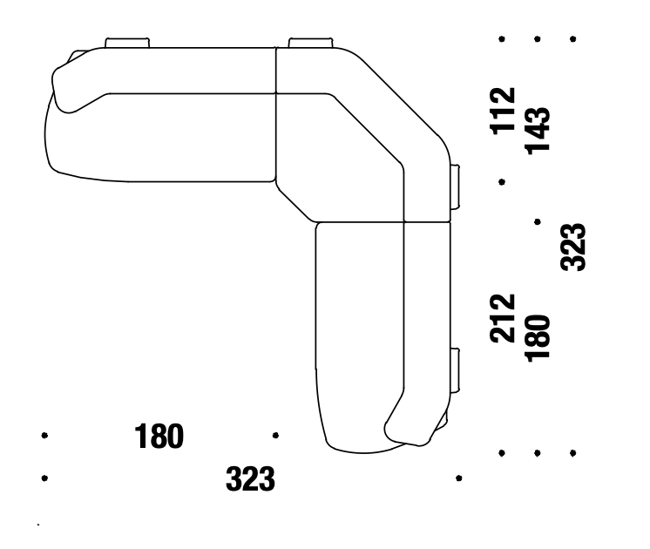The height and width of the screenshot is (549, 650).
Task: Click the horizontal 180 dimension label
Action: [x=159, y=437]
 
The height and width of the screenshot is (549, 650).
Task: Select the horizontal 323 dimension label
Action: [x=250, y=479]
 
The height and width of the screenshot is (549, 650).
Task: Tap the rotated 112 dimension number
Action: [x=503, y=112]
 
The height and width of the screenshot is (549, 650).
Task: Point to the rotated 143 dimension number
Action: [x=538, y=131]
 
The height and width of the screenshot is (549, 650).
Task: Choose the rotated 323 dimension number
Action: [x=573, y=247]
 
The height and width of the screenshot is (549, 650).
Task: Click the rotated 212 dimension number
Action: [x=503, y=318]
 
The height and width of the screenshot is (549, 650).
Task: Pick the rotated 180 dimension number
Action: [x=538, y=339]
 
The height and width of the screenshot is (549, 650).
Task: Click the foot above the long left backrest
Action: [x=127, y=43]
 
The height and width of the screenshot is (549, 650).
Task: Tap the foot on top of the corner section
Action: [x=310, y=43]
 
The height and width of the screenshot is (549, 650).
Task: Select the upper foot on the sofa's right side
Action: [x=455, y=186]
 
